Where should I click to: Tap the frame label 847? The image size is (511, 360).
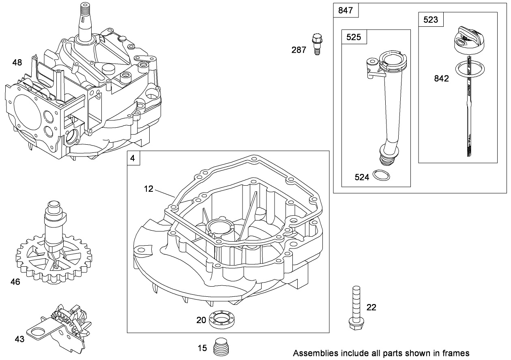pos(346,11)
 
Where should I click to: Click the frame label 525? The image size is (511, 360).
pos(354,37)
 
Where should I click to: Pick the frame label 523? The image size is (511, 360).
pos(430,19)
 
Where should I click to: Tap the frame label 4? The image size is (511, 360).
pos(133,158)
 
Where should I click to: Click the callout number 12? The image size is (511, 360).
pos(149,189)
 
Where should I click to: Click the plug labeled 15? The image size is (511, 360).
pos(221,347)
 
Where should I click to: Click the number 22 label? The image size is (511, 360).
pos(371,307)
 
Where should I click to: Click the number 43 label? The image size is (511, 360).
pos(19,339)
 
